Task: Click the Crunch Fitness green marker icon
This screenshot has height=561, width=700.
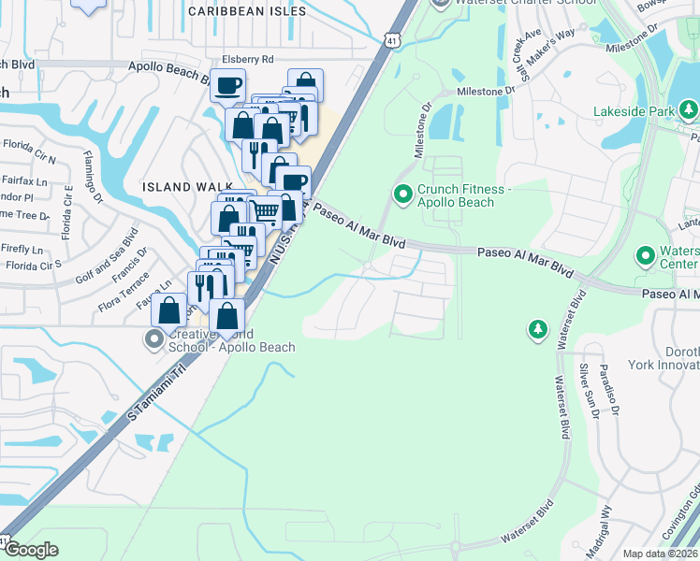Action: pos(403,194)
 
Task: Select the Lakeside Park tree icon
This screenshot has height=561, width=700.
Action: pos(689,111)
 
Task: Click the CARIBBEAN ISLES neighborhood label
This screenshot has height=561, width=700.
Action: pos(247,11)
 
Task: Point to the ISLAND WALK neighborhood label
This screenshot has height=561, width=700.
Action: pos(175,187)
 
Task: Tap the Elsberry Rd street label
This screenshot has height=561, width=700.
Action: pos(247,59)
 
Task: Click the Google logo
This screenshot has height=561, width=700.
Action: pos(31,550)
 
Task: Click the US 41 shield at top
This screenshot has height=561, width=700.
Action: pos(393,39)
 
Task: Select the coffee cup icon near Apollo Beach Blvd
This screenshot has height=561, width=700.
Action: pos(227,87)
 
